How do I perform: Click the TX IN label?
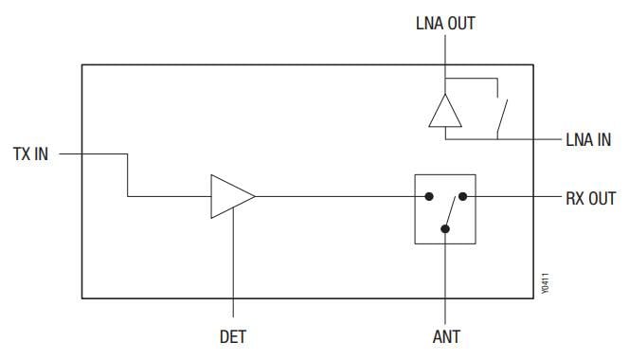[30, 153]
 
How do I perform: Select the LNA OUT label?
[444, 23]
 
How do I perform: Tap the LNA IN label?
[588, 140]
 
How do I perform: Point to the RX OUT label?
[590, 198]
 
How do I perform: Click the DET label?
[232, 336]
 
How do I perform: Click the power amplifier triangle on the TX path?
[230, 197]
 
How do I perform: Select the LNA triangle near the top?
[444, 111]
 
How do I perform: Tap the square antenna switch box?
[444, 209]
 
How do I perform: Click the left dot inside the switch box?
[428, 197]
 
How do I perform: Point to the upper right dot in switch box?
[462, 197]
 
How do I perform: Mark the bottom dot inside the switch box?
[445, 229]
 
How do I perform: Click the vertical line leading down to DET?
[232, 265]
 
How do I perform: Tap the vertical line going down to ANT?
[445, 279]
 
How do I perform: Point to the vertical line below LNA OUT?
[444, 57]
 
